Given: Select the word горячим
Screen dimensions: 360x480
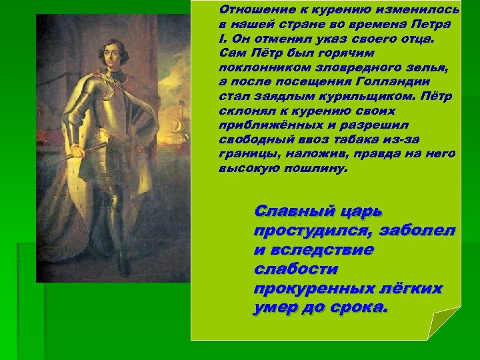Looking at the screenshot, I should click(349, 53).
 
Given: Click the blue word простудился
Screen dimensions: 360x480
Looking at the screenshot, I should click(311, 231).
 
